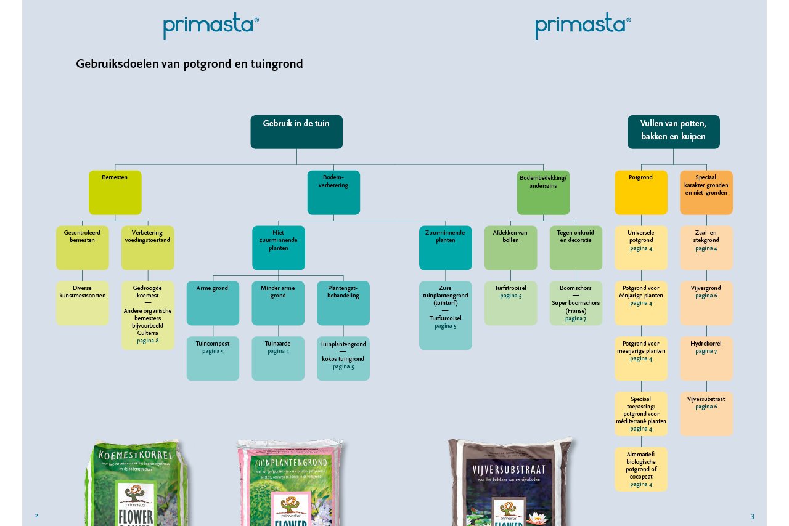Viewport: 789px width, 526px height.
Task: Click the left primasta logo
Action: pos(211,26)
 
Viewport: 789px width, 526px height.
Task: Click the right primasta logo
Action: pos(583,26)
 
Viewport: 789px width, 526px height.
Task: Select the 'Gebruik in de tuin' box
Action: pos(296,131)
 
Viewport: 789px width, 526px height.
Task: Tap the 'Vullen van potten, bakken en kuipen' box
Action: pos(673,131)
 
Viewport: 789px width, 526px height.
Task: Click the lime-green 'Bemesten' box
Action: pos(115,192)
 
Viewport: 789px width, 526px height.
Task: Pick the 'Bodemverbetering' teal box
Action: pos(333,192)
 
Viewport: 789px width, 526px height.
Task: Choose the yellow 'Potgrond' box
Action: pos(640,192)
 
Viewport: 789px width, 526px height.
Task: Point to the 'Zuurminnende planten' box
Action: pos(445,248)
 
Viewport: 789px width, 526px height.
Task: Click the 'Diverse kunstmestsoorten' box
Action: pos(83,303)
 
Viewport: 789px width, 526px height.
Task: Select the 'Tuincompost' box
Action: pos(213,358)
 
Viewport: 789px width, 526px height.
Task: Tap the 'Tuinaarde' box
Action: pos(278,358)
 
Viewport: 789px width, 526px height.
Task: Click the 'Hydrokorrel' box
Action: pos(706,358)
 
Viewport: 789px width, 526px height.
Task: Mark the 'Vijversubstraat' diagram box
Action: pos(706,413)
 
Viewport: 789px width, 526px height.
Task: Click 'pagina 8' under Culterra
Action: pos(148,341)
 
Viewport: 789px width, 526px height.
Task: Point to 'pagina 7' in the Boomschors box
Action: pos(576,318)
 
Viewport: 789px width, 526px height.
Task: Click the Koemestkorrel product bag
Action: pos(137,484)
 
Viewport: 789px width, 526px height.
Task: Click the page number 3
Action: pos(753,516)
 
